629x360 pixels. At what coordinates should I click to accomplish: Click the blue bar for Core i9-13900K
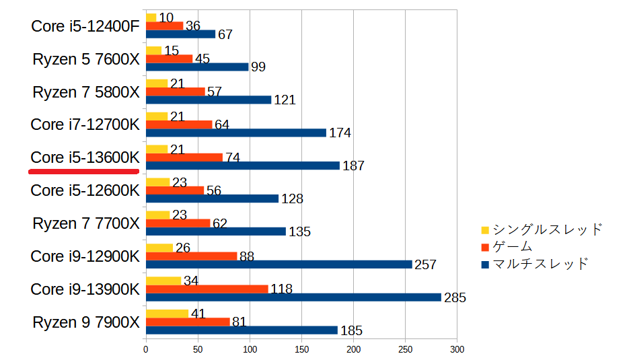(x=293, y=297)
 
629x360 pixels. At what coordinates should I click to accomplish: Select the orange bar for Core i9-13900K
(x=207, y=289)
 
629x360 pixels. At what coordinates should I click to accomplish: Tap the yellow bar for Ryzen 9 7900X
(x=167, y=314)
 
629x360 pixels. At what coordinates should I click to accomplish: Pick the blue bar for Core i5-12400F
(x=180, y=34)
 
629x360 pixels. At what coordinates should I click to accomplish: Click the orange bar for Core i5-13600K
(x=184, y=157)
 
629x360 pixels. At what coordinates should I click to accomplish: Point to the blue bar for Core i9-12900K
(x=279, y=264)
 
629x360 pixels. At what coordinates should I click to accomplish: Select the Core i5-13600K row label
(x=85, y=157)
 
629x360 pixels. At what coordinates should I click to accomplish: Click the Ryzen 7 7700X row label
(x=85, y=223)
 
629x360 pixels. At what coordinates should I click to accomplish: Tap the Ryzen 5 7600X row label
(x=85, y=59)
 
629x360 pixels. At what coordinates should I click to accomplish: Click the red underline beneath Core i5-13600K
(x=83, y=172)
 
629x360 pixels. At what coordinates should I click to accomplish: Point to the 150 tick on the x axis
(x=301, y=350)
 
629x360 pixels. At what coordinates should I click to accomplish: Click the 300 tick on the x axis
(x=457, y=350)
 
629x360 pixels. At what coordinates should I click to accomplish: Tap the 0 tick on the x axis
(x=146, y=350)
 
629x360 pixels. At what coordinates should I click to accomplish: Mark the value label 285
(x=455, y=297)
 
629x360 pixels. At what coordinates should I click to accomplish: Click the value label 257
(x=425, y=264)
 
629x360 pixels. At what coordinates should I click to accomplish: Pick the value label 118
(x=281, y=289)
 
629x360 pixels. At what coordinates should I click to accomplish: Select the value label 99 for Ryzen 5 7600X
(x=258, y=67)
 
